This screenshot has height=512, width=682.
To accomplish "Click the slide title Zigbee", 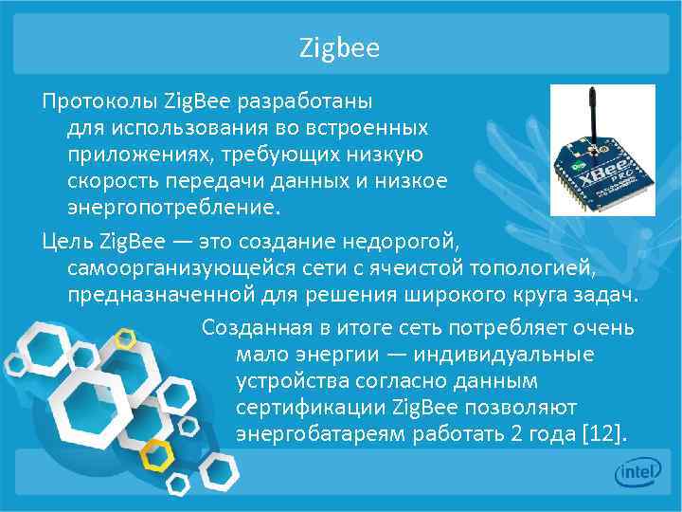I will point(339,47).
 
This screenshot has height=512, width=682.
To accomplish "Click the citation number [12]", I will point(605,434).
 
